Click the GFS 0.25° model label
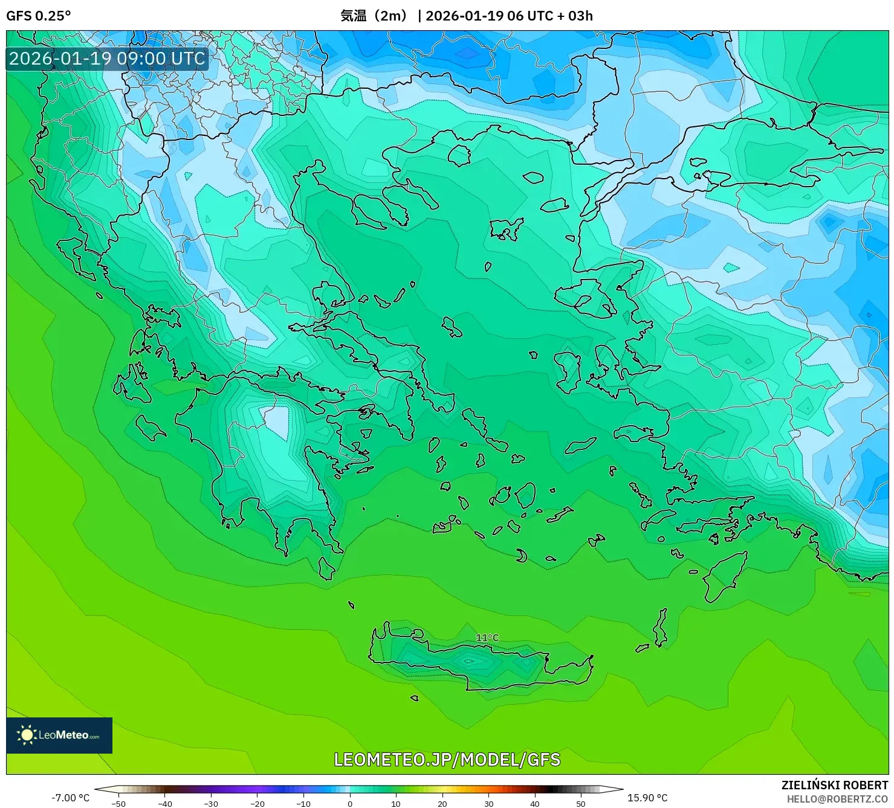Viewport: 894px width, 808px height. pyautogui.click(x=38, y=16)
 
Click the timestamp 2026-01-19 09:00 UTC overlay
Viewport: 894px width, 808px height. pyautogui.click(x=107, y=59)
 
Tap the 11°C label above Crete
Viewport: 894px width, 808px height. pyautogui.click(x=487, y=638)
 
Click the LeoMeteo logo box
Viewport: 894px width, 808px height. pyautogui.click(x=59, y=735)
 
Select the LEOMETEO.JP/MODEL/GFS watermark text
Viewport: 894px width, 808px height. pyautogui.click(x=447, y=760)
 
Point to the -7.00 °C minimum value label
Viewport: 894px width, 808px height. pyautogui.click(x=70, y=798)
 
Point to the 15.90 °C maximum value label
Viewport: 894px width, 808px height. pyautogui.click(x=647, y=798)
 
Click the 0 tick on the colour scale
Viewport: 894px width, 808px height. pyautogui.click(x=350, y=803)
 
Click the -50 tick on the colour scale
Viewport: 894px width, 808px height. pyautogui.click(x=118, y=803)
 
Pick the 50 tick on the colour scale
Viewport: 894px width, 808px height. pyautogui.click(x=581, y=803)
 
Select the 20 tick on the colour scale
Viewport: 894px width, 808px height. pyautogui.click(x=442, y=803)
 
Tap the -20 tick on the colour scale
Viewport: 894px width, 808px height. pyautogui.click(x=258, y=803)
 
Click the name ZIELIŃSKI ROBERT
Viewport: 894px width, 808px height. pyautogui.click(x=834, y=785)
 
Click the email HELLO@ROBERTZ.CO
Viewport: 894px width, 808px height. pyautogui.click(x=837, y=799)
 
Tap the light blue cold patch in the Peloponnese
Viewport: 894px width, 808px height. pyautogui.click(x=277, y=421)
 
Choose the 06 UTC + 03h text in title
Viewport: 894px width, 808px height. pyautogui.click(x=550, y=16)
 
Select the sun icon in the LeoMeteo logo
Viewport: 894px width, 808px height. pyautogui.click(x=27, y=735)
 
